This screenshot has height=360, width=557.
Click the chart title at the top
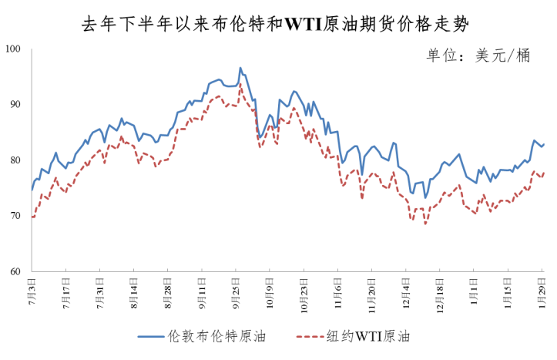click(279, 23)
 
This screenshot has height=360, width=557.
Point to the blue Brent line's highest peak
click(240, 68)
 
